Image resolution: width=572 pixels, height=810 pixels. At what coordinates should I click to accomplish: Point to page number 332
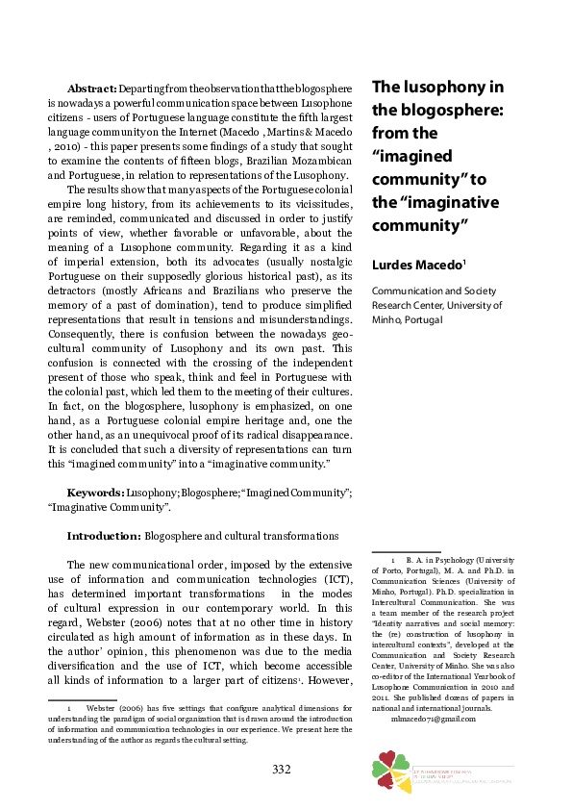tap(281, 768)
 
